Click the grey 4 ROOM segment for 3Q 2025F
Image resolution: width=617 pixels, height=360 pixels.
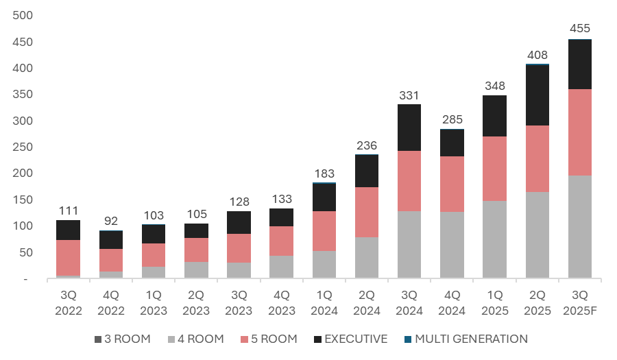coord(579,227)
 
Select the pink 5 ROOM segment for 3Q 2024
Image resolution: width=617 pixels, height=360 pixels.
coord(409,181)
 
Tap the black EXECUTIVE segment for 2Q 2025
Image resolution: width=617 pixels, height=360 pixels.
coord(537,95)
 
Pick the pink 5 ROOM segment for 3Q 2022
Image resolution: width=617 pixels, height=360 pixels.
coord(68,258)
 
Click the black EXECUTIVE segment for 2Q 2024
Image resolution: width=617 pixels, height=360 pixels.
coord(367,171)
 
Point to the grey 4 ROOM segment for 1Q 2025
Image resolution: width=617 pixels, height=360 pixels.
coord(494,240)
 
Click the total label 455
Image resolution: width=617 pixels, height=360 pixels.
coord(579,29)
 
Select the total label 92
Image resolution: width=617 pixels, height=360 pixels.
coord(110,221)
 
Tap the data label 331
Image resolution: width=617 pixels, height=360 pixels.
coord(409,95)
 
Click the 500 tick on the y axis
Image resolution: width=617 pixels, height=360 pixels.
coord(25,16)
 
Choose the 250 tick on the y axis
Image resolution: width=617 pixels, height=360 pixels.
coord(25,147)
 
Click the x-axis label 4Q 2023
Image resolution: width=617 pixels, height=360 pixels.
coord(282,303)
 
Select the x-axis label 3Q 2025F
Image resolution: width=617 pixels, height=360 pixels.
coord(579,303)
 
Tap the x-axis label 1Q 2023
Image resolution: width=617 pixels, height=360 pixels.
coord(153,303)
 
